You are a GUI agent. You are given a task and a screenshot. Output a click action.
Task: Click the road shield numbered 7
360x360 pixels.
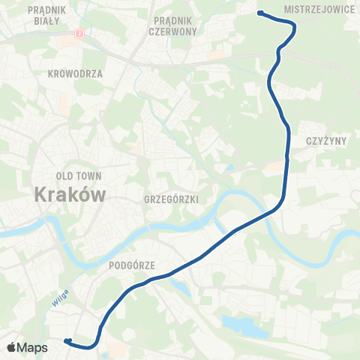click(79, 34)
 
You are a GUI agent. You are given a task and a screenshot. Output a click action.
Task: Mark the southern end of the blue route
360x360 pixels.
click(67, 341)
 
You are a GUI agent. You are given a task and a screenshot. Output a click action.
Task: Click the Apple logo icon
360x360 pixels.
click(12, 347)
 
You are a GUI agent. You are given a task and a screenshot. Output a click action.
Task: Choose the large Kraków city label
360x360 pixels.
click(70, 193)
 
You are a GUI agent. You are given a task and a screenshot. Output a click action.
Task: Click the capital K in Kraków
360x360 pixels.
click(42, 193)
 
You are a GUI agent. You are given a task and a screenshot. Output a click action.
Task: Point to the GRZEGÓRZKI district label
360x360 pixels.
click(169, 199)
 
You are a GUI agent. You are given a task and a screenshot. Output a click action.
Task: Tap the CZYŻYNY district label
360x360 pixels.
click(325, 141)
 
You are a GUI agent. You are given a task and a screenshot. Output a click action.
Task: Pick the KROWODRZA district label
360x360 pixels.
click(74, 74)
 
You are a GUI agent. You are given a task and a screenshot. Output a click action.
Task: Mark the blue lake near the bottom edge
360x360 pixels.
click(244, 325)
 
